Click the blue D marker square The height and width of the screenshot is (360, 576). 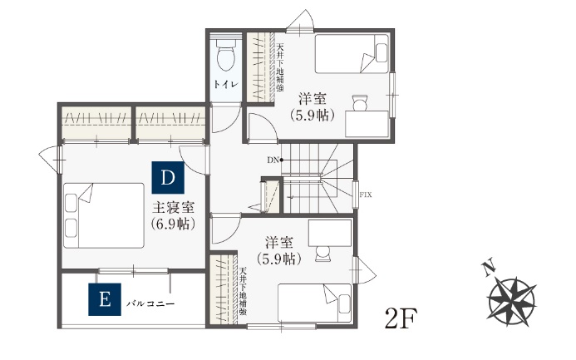pos(168,177)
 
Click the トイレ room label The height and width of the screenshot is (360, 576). pos(224,85)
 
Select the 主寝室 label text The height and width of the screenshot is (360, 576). pos(173,206)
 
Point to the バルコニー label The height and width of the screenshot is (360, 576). pos(150,303)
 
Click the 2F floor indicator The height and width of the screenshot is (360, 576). pos(401,318)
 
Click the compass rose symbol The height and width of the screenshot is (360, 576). pos(511,301)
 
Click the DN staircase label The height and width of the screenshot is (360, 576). pos(272,159)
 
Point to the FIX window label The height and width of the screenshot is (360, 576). pos(366,195)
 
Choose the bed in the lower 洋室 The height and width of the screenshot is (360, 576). pos(314,303)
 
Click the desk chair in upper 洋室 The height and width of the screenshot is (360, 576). pos(360,102)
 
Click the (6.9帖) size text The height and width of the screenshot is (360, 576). pos(173,224)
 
